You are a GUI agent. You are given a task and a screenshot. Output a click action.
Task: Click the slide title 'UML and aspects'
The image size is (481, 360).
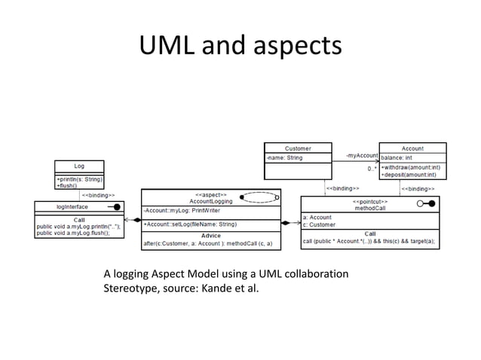tap(240, 47)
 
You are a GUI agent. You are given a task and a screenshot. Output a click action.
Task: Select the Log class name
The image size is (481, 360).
tap(79, 166)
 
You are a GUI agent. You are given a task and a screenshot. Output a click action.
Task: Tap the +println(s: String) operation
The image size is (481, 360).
tap(79, 180)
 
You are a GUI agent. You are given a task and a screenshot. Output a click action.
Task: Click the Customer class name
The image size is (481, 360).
tap(297, 148)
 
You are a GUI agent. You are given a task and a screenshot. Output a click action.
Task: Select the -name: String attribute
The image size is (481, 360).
tap(284, 158)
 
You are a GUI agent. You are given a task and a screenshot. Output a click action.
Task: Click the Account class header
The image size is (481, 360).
tap(412, 148)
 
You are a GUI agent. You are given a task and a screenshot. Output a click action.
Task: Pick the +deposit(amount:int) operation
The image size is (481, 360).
tap(410, 175)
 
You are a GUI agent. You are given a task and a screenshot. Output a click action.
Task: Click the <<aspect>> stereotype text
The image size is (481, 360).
tap(211, 194)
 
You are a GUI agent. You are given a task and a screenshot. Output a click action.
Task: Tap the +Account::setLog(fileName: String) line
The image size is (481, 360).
tap(190, 224)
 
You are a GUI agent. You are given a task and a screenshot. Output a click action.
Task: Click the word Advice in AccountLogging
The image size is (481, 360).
tap(210, 236)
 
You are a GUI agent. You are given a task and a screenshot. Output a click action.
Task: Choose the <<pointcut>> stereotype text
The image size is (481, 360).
tap(370, 201)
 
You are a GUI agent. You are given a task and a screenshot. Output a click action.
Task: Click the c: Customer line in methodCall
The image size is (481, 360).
tap(320, 224)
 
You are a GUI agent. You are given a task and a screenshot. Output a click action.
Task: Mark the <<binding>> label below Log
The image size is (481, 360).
tap(98, 194)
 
